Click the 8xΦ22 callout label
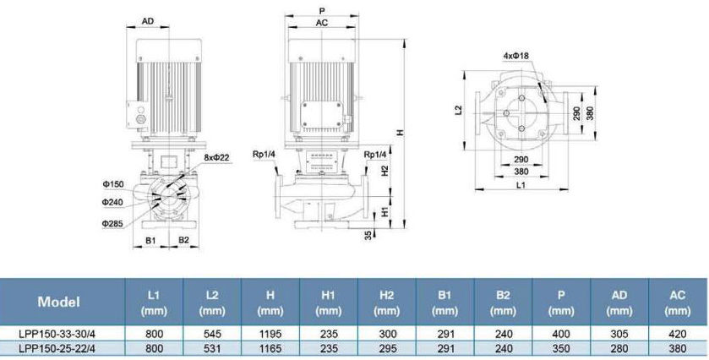coord(217,157)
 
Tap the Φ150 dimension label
coord(112,184)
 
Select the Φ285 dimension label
coord(112,223)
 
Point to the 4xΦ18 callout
coord(516,56)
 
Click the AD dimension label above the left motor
coord(148,21)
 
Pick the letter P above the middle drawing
coord(321,10)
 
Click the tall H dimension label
coord(400,133)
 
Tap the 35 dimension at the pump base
coord(368,235)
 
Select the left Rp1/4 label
coord(264,155)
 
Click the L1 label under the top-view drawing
coord(521,185)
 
